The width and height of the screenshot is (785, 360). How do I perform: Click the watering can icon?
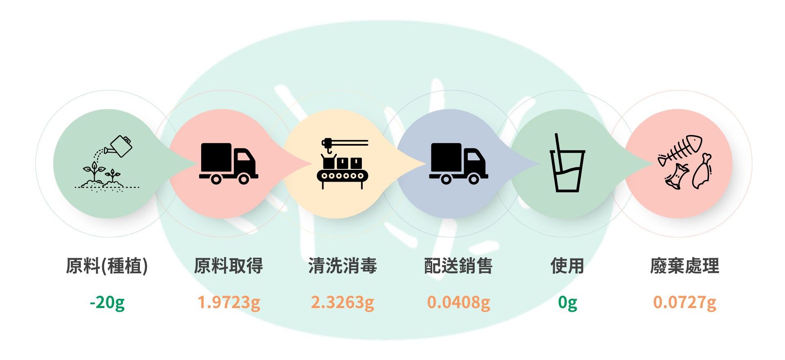point(120,146)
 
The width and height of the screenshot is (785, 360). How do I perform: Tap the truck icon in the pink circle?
point(228,163)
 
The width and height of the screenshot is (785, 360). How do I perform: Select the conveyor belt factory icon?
point(343,164)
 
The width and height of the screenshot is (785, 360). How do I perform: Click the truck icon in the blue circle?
point(458,163)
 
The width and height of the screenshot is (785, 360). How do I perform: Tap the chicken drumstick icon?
point(702,172)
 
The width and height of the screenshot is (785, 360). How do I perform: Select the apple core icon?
point(677,176)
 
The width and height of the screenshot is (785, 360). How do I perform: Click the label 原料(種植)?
point(107,266)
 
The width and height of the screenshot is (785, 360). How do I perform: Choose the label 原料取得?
point(228,266)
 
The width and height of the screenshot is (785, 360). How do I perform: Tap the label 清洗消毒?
point(343,266)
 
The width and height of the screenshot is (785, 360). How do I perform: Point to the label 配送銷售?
point(458,266)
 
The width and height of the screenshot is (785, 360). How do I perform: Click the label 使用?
point(567,266)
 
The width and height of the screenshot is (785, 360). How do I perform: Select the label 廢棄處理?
point(684,266)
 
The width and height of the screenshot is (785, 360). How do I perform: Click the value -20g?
point(107,303)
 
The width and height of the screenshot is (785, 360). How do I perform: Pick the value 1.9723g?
point(229,303)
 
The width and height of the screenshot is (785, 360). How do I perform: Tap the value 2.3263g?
point(343,303)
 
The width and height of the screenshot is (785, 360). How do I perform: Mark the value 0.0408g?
point(458,303)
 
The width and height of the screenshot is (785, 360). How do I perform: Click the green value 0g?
point(567,303)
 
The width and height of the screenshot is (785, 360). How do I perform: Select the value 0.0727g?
point(684,303)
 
